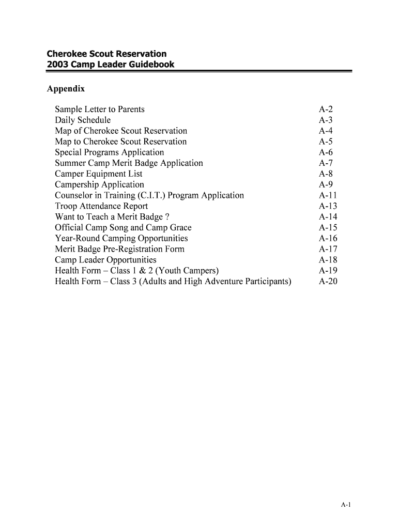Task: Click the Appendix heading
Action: (66, 89)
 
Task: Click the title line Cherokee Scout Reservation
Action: (106, 54)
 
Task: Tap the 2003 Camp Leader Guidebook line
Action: (111, 65)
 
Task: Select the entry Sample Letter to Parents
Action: (100, 109)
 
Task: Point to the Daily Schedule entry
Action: (83, 120)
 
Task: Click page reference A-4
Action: (326, 131)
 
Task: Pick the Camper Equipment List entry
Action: (99, 174)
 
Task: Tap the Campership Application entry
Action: (100, 184)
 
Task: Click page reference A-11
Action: (328, 195)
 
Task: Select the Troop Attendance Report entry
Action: (101, 206)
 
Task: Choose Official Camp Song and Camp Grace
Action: (123, 227)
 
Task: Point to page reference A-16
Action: (328, 238)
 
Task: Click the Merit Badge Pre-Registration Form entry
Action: (119, 249)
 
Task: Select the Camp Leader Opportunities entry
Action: (105, 260)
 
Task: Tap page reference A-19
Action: (328, 271)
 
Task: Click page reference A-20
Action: (328, 282)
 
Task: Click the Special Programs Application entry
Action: (110, 152)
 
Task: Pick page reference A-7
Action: (326, 163)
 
